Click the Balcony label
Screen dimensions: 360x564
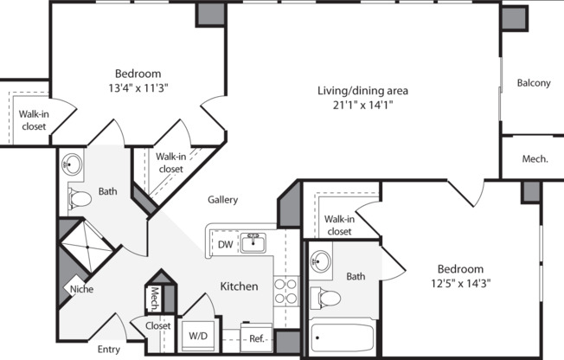[534, 83]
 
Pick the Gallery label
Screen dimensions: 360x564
[222, 200]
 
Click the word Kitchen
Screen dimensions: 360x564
[239, 286]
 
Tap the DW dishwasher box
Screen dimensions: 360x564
[225, 245]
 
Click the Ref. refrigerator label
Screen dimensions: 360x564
[257, 338]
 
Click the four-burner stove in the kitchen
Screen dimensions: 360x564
[286, 291]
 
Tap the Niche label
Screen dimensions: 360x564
[81, 289]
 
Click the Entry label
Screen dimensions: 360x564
[109, 350]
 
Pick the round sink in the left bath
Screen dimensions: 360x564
[72, 164]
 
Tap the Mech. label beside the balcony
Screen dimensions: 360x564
[534, 159]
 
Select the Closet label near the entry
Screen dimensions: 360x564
[157, 326]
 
